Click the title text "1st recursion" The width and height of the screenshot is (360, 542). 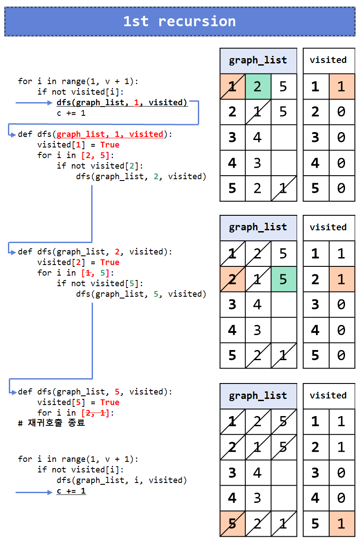[179, 21]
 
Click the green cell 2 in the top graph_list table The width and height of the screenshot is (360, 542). [258, 86]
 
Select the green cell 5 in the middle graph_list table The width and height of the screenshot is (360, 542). [283, 279]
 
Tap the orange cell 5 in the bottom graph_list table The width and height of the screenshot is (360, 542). [232, 524]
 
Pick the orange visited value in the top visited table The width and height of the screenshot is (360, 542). [341, 86]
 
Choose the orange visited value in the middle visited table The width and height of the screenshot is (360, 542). [341, 279]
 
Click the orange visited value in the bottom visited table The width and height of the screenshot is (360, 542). [341, 524]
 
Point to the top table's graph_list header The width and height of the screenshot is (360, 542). [258, 60]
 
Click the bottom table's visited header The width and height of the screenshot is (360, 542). [328, 396]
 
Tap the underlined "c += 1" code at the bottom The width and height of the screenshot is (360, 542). [71, 491]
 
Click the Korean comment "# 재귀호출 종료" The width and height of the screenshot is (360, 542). [51, 423]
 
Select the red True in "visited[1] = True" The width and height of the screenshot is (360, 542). [110, 145]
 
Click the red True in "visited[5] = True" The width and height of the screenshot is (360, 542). [110, 402]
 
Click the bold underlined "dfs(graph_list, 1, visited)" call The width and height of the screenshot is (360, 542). [122, 103]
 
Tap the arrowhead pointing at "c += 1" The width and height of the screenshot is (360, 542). [50, 492]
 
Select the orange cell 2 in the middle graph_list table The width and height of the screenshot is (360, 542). [232, 279]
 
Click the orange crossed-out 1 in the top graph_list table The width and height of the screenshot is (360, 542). [232, 86]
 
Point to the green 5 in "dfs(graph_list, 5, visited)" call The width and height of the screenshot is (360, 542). [156, 294]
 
